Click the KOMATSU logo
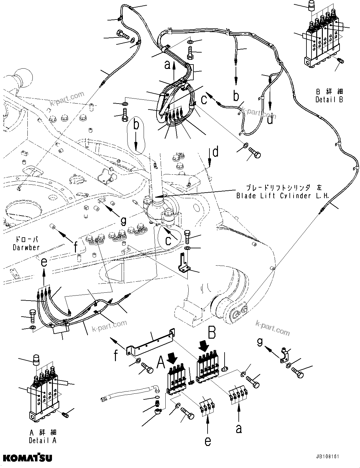[28, 457]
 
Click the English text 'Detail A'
[43, 441]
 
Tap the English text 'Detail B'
[329, 99]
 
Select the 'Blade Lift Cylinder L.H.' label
[283, 196]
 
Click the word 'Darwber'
[26, 247]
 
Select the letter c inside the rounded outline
[169, 240]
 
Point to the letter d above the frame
[215, 152]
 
